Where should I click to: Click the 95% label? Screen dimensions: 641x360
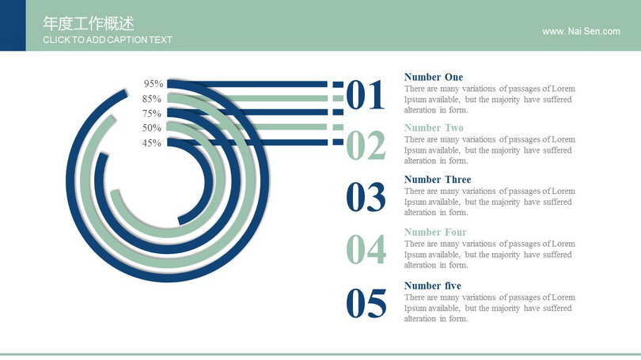(x=154, y=84)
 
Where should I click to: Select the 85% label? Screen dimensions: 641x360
(x=152, y=99)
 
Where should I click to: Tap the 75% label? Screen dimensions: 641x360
(x=152, y=114)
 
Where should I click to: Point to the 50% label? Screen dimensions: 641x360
(x=152, y=128)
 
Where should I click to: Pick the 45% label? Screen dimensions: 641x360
(x=152, y=143)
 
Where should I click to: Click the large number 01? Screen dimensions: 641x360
(x=366, y=95)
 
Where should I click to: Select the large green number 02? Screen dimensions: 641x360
(x=366, y=145)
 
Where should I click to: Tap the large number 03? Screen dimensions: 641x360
(x=366, y=197)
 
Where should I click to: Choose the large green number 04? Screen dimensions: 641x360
(x=366, y=249)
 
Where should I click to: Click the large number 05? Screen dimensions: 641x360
(x=366, y=303)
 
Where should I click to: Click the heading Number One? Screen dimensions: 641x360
(x=434, y=78)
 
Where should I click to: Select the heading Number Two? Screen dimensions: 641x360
(x=434, y=128)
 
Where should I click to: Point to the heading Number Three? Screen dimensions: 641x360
(x=438, y=180)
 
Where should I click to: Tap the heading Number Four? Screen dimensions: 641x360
(x=435, y=232)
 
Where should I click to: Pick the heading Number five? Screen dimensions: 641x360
(x=433, y=286)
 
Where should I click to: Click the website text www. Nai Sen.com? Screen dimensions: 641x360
(x=581, y=32)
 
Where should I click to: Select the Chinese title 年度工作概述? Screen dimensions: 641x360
(x=89, y=24)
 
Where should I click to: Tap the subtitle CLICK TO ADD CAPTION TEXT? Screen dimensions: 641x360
(x=108, y=40)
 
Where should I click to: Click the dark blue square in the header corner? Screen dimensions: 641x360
(x=13, y=25)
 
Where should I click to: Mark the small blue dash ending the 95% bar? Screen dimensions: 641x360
(x=338, y=85)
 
